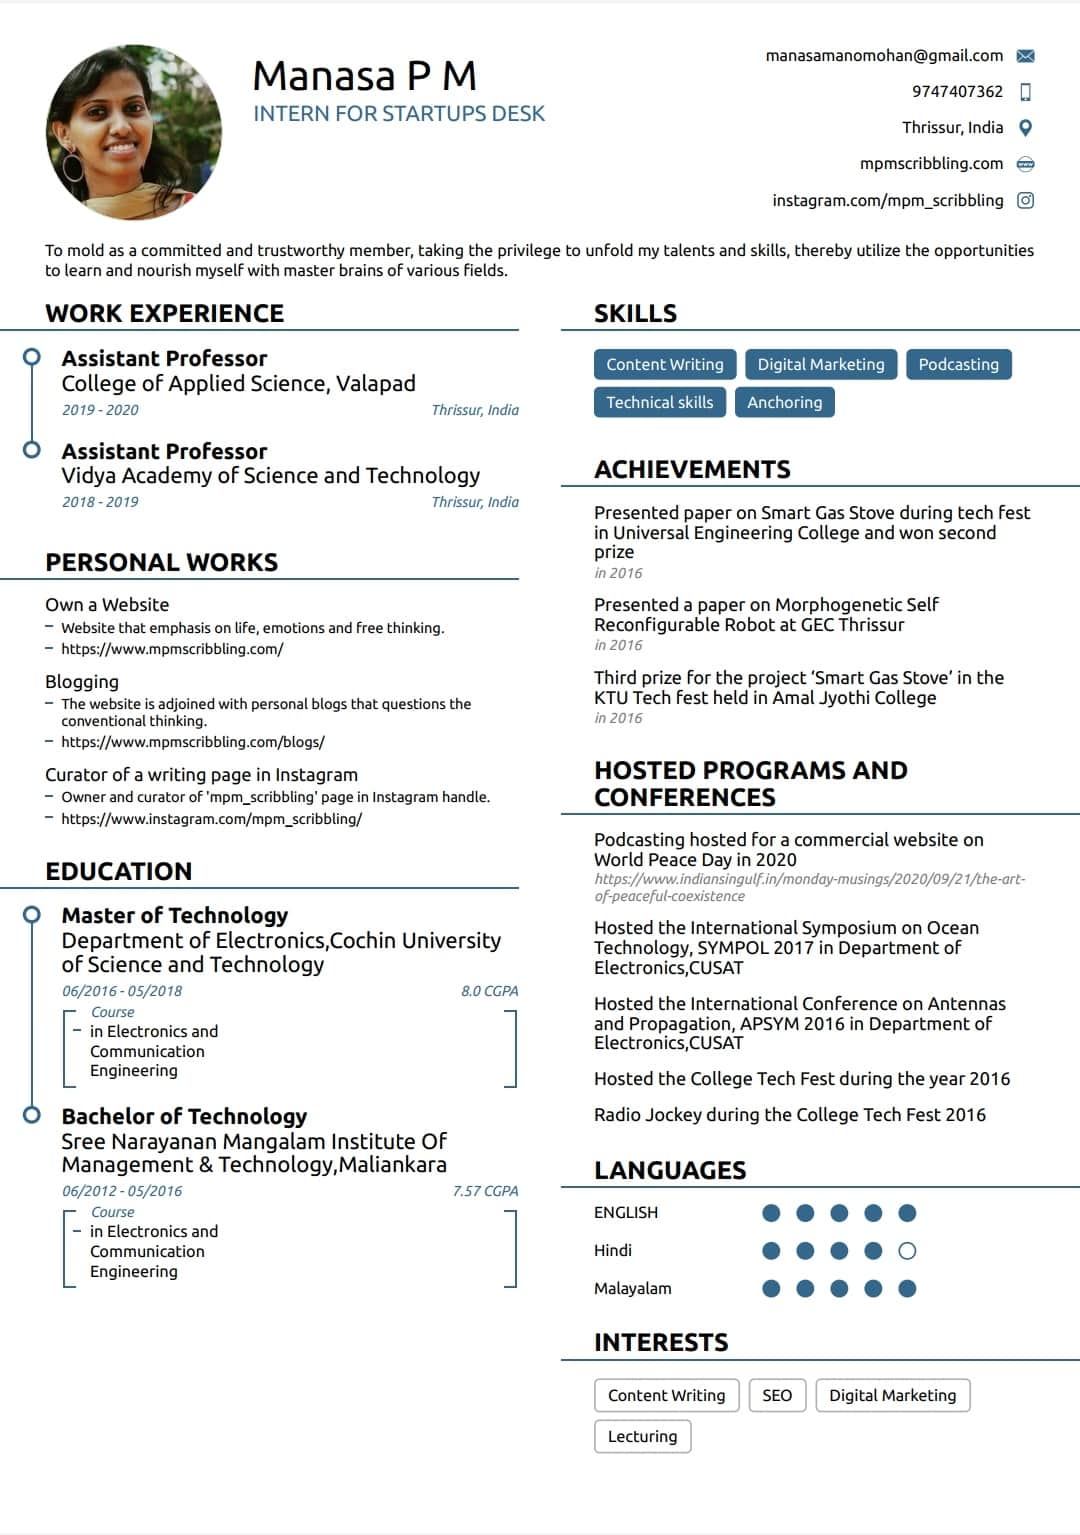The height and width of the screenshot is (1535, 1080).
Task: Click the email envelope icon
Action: [x=1025, y=56]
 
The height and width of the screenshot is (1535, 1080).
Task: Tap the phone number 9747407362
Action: [x=957, y=92]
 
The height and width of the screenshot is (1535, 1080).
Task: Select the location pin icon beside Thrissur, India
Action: [x=1025, y=128]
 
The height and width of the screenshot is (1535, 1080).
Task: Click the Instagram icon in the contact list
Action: [x=1025, y=200]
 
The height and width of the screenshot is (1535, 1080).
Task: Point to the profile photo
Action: [x=134, y=132]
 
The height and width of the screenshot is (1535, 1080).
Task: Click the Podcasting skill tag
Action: [x=958, y=364]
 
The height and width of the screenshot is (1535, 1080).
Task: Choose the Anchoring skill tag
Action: [x=784, y=402]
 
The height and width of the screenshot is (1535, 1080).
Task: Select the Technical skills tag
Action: [x=659, y=402]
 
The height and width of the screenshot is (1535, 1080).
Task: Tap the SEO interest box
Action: [x=776, y=1395]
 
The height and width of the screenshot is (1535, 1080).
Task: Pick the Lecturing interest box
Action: [x=642, y=1436]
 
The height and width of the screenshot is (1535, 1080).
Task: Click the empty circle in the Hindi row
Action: [x=907, y=1251]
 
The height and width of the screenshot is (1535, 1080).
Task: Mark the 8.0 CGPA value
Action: [x=489, y=991]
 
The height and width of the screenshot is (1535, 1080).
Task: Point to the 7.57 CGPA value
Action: [x=485, y=1191]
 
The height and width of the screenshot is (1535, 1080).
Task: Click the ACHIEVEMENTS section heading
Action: [x=692, y=469]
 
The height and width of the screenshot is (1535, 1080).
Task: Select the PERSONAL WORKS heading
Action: [x=161, y=562]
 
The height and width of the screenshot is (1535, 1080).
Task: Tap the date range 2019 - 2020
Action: [x=100, y=410]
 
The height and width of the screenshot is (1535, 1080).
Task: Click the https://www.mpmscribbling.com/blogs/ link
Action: [x=192, y=742]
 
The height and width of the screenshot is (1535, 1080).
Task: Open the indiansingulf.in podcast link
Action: [x=809, y=887]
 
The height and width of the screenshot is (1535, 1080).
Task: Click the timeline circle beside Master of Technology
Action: [x=32, y=914]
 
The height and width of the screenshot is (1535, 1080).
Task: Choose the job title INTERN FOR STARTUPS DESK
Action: [x=399, y=114]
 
